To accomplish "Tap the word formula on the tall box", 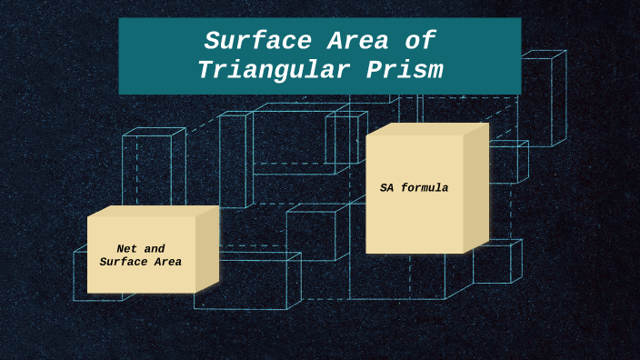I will click(425, 188).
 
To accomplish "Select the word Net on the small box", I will click(126, 248).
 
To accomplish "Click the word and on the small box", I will click(154, 248).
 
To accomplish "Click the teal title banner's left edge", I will click(120, 56).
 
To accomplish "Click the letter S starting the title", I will click(211, 42).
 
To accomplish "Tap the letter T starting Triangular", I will click(205, 70).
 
